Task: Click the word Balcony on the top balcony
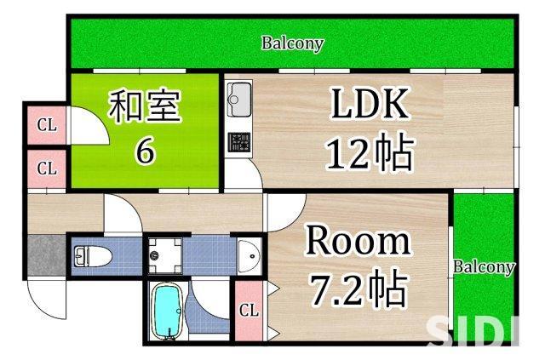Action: [x=292, y=43]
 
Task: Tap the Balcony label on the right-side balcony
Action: [x=484, y=267]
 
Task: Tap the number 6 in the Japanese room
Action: [x=146, y=152]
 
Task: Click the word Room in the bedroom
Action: [x=358, y=243]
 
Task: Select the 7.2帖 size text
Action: [x=358, y=291]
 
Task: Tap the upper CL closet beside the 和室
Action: [x=46, y=126]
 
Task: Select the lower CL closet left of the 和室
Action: [x=46, y=168]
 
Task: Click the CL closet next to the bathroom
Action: [x=248, y=310]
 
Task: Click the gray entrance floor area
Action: [x=44, y=255]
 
